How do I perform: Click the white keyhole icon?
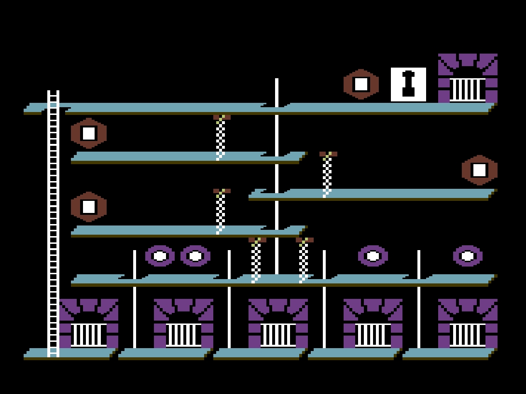click(x=408, y=84)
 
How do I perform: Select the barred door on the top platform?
click(x=468, y=79)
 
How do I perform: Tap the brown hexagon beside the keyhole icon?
click(x=361, y=84)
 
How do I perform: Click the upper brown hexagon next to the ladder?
click(x=89, y=133)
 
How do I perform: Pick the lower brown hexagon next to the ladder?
click(x=89, y=207)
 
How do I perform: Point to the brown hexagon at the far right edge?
click(x=479, y=170)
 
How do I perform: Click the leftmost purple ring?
click(x=160, y=256)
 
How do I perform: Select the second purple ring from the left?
click(x=195, y=256)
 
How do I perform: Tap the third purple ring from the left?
click(x=373, y=256)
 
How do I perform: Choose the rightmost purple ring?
click(x=468, y=256)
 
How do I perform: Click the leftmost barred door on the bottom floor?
click(x=89, y=324)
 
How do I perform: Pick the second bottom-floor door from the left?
click(x=183, y=324)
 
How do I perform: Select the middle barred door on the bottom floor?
click(x=278, y=324)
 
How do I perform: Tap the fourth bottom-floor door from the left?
click(x=373, y=324)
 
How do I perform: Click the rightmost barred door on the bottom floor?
click(x=468, y=324)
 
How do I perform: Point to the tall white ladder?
click(x=53, y=222)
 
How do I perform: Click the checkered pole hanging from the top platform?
click(x=221, y=137)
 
